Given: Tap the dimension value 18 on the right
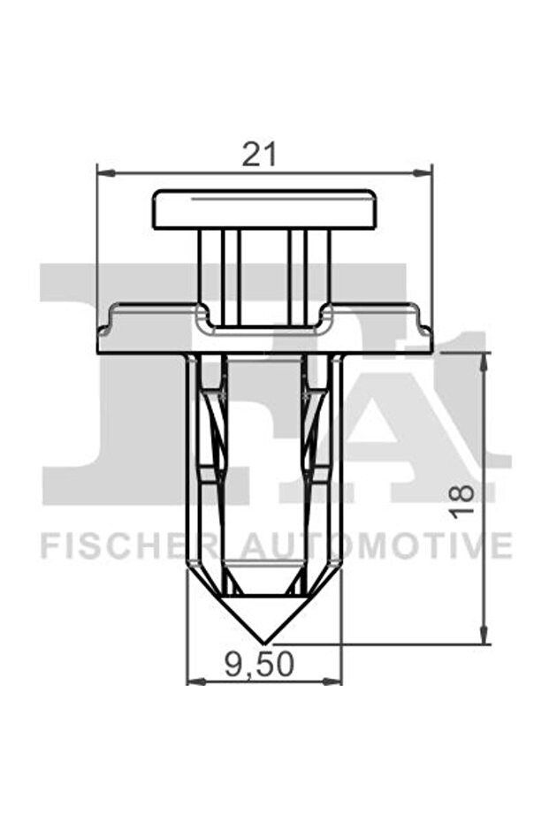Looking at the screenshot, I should pyautogui.click(x=461, y=499).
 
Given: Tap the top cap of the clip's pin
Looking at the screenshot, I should pyautogui.click(x=264, y=210).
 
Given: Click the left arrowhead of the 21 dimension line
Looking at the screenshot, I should pyautogui.click(x=103, y=173).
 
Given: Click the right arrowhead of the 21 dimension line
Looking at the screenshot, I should pyautogui.click(x=426, y=173).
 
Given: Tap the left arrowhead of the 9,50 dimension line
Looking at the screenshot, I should pyautogui.click(x=194, y=682).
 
